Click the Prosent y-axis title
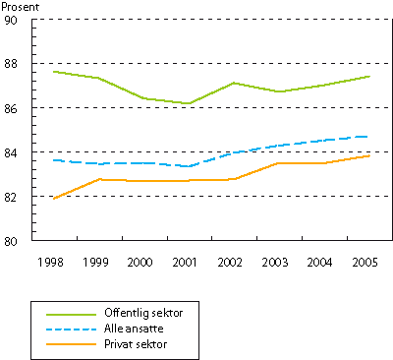point(19,7)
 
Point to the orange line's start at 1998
point(53,198)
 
